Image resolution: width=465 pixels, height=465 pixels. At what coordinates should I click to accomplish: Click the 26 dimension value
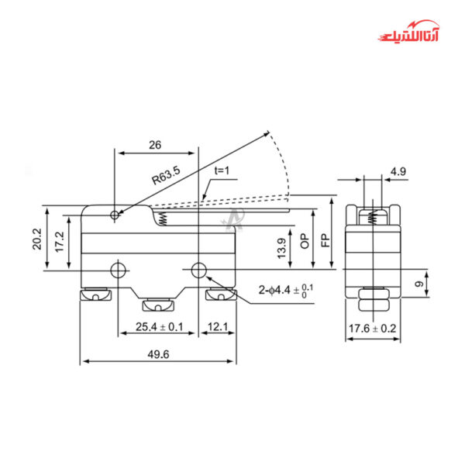tap(154, 145)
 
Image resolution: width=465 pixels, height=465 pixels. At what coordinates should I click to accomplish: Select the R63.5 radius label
tap(165, 177)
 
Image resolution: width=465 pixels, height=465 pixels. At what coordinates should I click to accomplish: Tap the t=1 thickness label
tap(223, 171)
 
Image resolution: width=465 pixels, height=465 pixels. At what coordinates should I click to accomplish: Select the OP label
tap(305, 240)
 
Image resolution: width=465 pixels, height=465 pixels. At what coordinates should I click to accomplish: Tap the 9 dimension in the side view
tap(419, 285)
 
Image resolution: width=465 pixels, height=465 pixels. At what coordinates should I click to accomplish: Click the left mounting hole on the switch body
tap(119, 270)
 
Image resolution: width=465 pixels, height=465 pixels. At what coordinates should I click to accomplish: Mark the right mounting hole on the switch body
tap(199, 270)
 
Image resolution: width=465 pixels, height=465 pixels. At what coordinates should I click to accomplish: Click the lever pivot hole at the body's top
tap(115, 214)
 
